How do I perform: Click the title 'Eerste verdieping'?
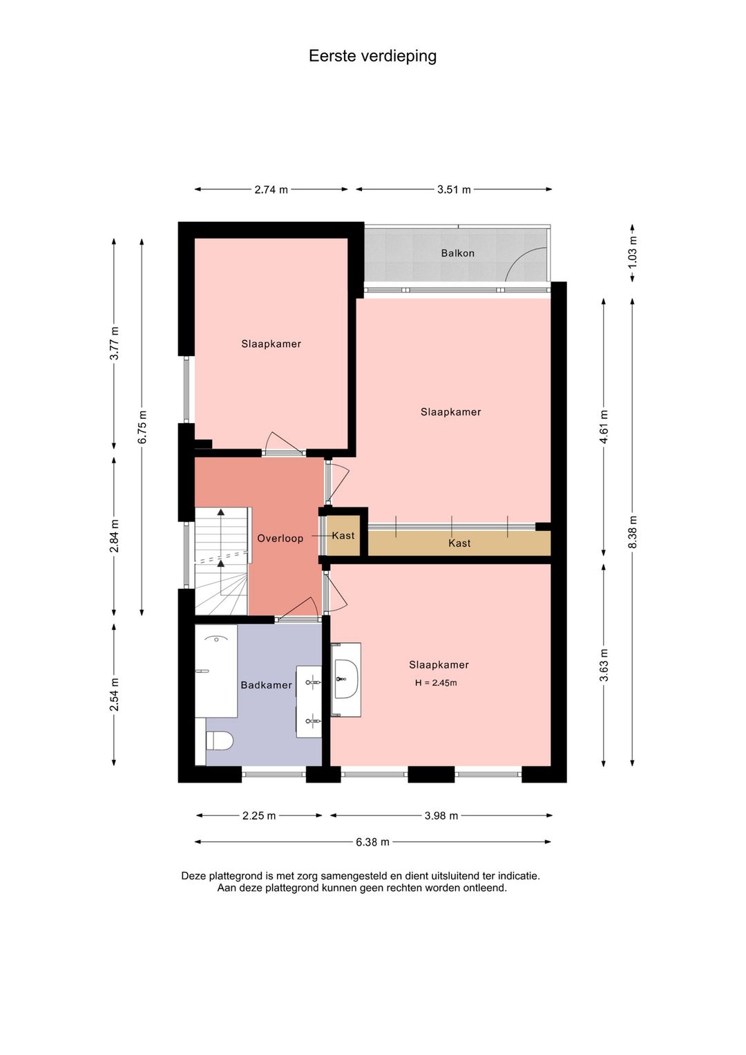pyautogui.click(x=372, y=56)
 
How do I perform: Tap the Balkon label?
pyautogui.click(x=457, y=253)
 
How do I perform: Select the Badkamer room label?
pyautogui.click(x=267, y=685)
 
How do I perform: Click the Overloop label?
pyautogui.click(x=280, y=538)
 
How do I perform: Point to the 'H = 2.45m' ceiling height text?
pyautogui.click(x=436, y=682)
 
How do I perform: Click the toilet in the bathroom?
pyautogui.click(x=220, y=740)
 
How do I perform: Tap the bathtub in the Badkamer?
pyautogui.click(x=216, y=671)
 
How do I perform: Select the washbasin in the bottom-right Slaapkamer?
pyautogui.click(x=346, y=679)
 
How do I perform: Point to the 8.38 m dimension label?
pyautogui.click(x=632, y=532)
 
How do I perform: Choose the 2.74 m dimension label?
pyautogui.click(x=271, y=189)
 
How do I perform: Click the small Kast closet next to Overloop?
pyautogui.click(x=343, y=536)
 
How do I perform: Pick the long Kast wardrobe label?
pyautogui.click(x=459, y=543)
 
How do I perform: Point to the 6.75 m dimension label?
pyautogui.click(x=142, y=427)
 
